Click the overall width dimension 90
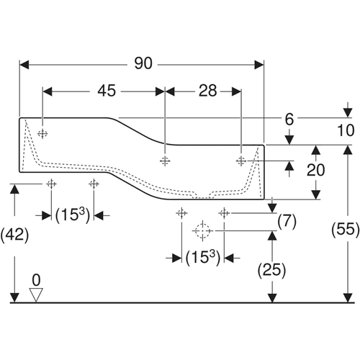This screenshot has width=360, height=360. pyautogui.click(x=143, y=63)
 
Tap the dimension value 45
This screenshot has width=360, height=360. pyautogui.click(x=107, y=91)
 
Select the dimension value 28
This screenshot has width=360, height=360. pyautogui.click(x=208, y=91)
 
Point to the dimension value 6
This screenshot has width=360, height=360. pyautogui.click(x=289, y=119)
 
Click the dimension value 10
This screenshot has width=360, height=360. pyautogui.click(x=346, y=130)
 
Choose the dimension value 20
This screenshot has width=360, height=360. pyautogui.click(x=316, y=170)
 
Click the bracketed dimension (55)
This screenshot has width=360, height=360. pyautogui.click(x=346, y=230)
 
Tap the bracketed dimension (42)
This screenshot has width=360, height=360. pyautogui.click(x=14, y=235)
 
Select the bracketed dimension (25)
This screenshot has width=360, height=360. pyautogui.click(x=271, y=271)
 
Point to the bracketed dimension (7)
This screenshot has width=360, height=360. pyautogui.click(x=287, y=222)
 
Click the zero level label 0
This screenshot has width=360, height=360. pyautogui.click(x=36, y=280)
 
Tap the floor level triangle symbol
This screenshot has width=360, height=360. pyautogui.click(x=36, y=295)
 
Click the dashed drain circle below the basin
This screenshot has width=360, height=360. pyautogui.click(x=202, y=231)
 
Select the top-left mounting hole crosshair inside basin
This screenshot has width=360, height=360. pyautogui.click(x=42, y=133)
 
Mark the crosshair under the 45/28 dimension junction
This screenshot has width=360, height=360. pyautogui.click(x=165, y=161)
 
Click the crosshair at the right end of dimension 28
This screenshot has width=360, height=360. pyautogui.click(x=241, y=161)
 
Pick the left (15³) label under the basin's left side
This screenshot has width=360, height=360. pyautogui.click(x=73, y=215)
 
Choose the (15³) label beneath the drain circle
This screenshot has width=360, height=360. pyautogui.click(x=203, y=258)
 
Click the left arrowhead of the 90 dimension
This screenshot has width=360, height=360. pyautogui.click(x=24, y=65)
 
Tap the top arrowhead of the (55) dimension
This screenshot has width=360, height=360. pyautogui.click(x=348, y=150)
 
